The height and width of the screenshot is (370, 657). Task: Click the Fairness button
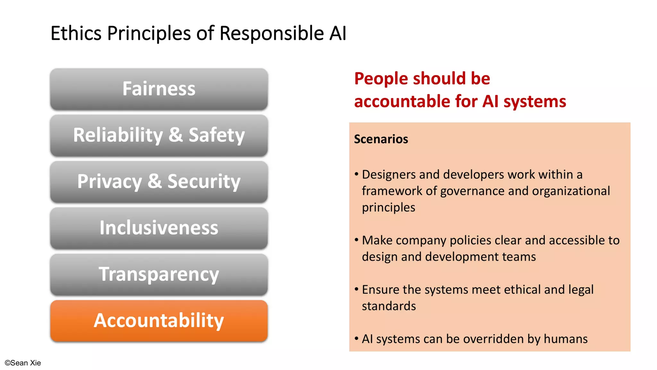159,89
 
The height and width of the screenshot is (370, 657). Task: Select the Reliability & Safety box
159,135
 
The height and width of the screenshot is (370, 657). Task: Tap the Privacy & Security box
159,181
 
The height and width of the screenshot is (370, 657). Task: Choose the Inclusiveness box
159,228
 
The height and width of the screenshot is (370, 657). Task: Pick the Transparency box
159,274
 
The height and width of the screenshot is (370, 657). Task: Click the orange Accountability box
159,321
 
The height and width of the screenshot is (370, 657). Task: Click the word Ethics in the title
76,33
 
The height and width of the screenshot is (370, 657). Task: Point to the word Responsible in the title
271,33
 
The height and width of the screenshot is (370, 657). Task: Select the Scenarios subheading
381,139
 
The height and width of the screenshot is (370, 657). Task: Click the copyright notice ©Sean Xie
23,363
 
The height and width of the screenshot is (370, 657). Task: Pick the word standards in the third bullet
389,306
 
